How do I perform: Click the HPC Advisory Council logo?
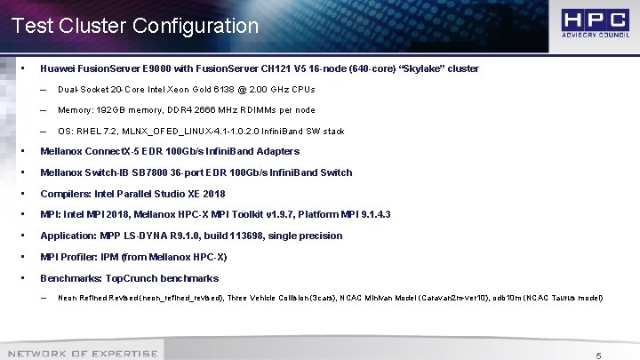click(593, 25)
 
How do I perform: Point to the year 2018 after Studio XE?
click(212, 194)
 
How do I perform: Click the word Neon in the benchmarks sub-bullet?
click(67, 298)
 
